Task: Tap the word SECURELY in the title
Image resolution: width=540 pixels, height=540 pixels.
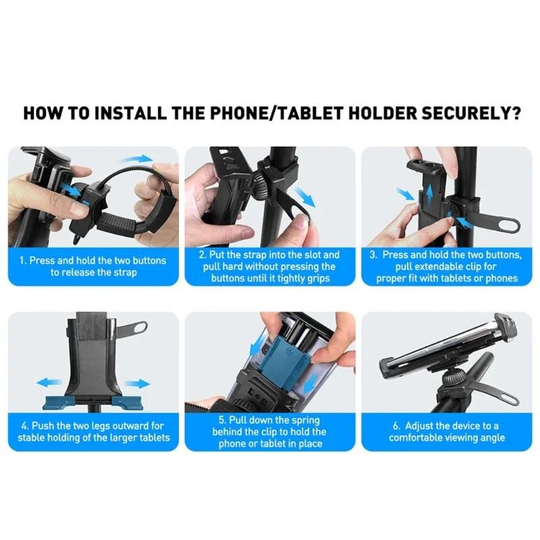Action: [459, 112]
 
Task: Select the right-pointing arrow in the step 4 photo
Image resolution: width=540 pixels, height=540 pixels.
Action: [138, 383]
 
